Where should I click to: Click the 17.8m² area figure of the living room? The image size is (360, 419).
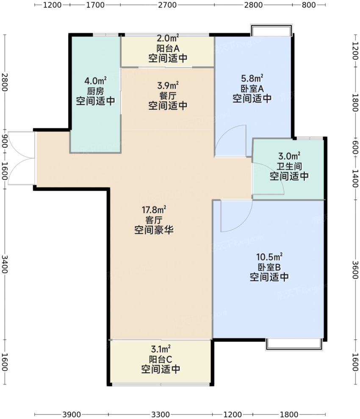(154, 209)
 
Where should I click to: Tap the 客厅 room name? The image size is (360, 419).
(154, 220)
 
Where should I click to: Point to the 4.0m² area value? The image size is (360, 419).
(95, 80)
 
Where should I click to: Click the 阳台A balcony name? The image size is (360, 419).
(168, 48)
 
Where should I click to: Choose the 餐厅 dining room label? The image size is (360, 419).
(168, 96)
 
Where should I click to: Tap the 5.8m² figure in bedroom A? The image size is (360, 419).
(252, 78)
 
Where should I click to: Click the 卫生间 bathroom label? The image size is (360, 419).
(289, 166)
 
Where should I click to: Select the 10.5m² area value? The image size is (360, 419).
(269, 257)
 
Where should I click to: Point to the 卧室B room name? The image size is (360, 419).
(269, 267)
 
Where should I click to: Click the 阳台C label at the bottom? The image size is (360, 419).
(161, 359)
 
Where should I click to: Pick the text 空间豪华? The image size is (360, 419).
(154, 230)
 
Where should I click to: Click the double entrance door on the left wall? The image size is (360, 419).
(21, 158)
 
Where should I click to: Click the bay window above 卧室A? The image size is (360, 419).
(271, 30)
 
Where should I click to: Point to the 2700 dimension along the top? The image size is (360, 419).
(167, 5)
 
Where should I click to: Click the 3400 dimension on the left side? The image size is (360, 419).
(5, 264)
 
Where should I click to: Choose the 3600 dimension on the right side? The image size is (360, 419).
(355, 269)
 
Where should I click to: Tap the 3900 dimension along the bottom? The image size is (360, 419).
(72, 414)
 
